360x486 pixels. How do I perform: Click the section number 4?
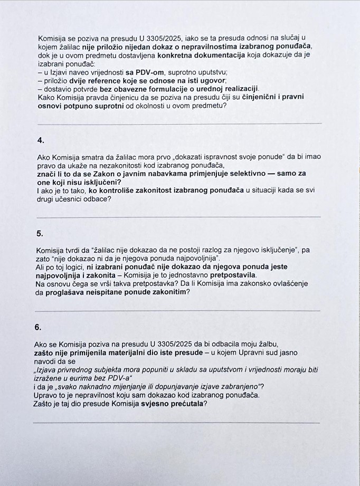pyautogui.click(x=41, y=140)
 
